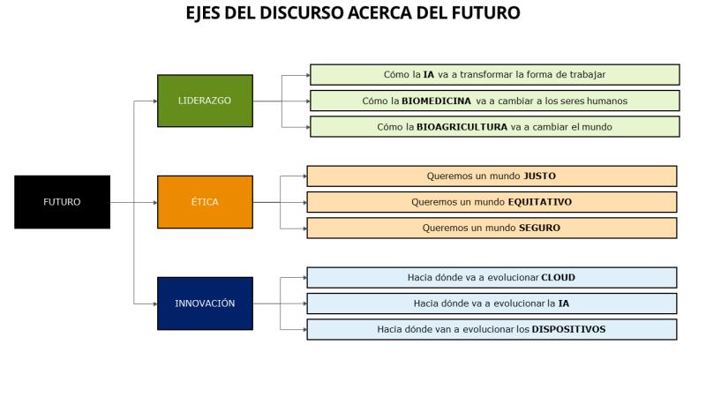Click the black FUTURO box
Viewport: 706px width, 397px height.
(62, 202)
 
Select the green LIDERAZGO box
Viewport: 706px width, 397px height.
(205, 101)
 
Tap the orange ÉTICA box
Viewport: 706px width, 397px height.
(205, 202)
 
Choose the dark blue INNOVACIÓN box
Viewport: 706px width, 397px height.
(205, 303)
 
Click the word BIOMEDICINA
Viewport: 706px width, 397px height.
(436, 101)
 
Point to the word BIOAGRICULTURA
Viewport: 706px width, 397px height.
(462, 127)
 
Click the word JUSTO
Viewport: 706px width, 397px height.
(540, 176)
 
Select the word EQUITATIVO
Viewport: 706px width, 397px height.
(540, 202)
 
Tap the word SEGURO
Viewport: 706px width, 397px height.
(540, 228)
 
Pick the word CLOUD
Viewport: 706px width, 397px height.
(559, 277)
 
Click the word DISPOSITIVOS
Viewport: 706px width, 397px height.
(568, 329)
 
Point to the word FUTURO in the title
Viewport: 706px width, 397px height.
(486, 12)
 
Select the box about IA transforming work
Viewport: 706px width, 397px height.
(495, 75)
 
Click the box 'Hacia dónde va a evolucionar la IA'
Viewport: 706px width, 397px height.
(492, 303)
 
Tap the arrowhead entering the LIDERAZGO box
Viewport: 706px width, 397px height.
(155, 101)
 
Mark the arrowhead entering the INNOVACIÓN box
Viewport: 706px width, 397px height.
(155, 303)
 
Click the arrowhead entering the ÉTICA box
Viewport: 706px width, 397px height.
(155, 203)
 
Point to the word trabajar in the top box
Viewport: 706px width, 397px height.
(588, 75)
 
